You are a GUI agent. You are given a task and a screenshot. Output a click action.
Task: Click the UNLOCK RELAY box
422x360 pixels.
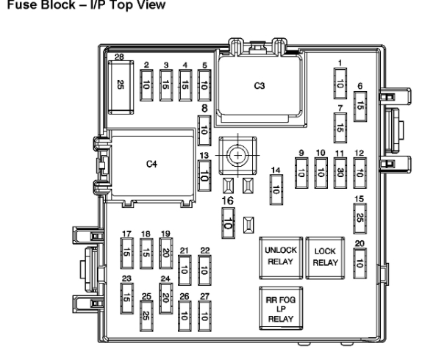pyautogui.click(x=281, y=258)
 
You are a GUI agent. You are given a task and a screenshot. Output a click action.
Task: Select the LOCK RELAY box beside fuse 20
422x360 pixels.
pyautogui.click(x=325, y=258)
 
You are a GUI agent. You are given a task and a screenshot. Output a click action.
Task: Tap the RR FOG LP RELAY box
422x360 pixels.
pyautogui.click(x=281, y=309)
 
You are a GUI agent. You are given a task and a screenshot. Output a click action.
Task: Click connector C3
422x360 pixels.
pyautogui.click(x=260, y=86)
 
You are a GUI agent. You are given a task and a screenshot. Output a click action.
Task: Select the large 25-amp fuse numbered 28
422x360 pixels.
pyautogui.click(x=121, y=87)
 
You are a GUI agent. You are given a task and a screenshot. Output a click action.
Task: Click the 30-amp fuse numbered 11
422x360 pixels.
pyautogui.click(x=340, y=173)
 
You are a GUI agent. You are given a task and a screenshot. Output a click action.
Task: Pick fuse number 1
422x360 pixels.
pyautogui.click(x=340, y=83)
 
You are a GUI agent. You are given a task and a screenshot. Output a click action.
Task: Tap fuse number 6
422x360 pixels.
pyautogui.click(x=360, y=107)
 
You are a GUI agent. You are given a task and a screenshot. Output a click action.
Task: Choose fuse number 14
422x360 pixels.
pyautogui.click(x=276, y=190)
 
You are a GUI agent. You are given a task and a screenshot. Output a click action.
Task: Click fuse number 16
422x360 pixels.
pyautogui.click(x=228, y=223)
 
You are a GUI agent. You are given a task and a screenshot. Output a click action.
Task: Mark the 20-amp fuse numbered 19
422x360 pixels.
pyautogui.click(x=166, y=253)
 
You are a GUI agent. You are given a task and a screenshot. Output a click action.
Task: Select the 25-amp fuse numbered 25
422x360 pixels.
pyautogui.click(x=146, y=316)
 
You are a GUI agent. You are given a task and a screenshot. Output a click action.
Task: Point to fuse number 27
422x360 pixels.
pyautogui.click(x=204, y=316)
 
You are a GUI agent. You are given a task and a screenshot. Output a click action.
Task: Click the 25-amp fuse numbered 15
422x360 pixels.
pyautogui.click(x=360, y=218)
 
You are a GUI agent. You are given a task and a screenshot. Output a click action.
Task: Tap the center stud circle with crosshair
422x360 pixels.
pyautogui.click(x=237, y=156)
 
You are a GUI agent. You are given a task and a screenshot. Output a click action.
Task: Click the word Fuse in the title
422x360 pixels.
pyautogui.click(x=22, y=5)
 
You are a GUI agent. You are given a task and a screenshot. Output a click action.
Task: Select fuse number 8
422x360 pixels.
pyautogui.click(x=204, y=131)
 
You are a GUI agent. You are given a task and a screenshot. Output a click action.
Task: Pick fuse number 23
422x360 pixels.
pyautogui.click(x=126, y=298)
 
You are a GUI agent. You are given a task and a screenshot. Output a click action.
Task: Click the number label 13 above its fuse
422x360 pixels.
pyautogui.click(x=204, y=156)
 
